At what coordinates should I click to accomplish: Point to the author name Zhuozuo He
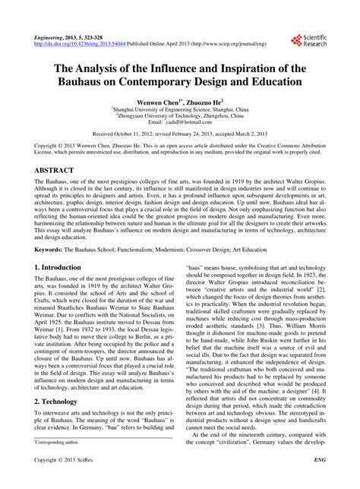pyautogui.click(x=204, y=98)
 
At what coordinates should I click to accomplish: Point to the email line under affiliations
pyautogui.click(x=180, y=121)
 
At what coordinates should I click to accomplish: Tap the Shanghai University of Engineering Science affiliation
pyautogui.click(x=180, y=108)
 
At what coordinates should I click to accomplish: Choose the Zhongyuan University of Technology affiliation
pyautogui.click(x=180, y=115)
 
